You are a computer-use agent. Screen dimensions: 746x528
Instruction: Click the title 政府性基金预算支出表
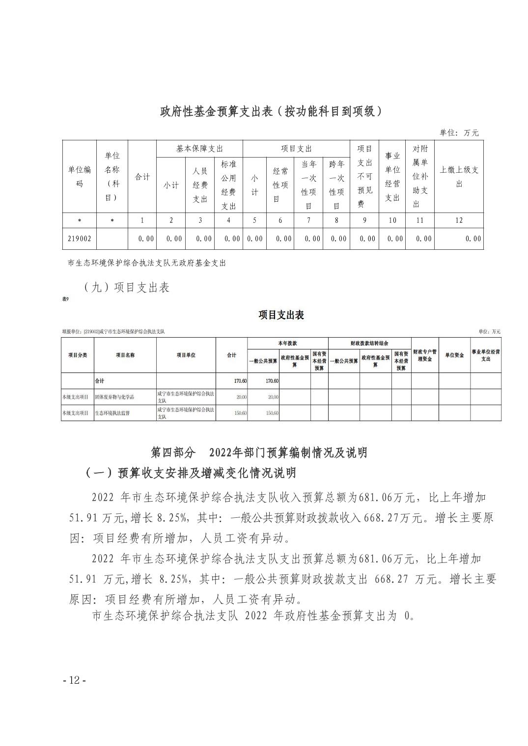[x=271, y=111]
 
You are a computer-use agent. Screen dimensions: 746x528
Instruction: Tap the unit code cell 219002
[x=79, y=239]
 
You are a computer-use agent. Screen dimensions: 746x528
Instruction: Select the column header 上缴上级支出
[x=459, y=177]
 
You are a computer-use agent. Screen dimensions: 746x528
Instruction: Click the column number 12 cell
[x=459, y=220]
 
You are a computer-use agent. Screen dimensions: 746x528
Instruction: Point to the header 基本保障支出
[x=199, y=149]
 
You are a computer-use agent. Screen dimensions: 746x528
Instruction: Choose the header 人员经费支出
[x=200, y=185]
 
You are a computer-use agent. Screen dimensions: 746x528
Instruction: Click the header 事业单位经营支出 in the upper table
[x=392, y=177]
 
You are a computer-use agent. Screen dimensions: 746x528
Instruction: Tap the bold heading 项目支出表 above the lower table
[x=281, y=315]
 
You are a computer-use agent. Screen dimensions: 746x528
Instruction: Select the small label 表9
[x=65, y=299]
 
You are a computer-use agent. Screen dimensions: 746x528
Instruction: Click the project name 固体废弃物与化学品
[x=114, y=397]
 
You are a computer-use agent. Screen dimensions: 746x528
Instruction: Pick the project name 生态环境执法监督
[x=112, y=413]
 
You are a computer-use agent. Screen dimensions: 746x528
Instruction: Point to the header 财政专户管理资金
[x=424, y=355]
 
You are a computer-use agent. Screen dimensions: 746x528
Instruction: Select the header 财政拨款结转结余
[x=369, y=343]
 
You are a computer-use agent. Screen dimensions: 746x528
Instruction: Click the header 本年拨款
[x=287, y=343]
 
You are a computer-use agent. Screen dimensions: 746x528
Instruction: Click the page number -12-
[x=75, y=680]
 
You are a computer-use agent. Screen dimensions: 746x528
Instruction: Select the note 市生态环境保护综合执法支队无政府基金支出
[x=147, y=263]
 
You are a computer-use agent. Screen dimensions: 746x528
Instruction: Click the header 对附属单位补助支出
[x=420, y=177]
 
